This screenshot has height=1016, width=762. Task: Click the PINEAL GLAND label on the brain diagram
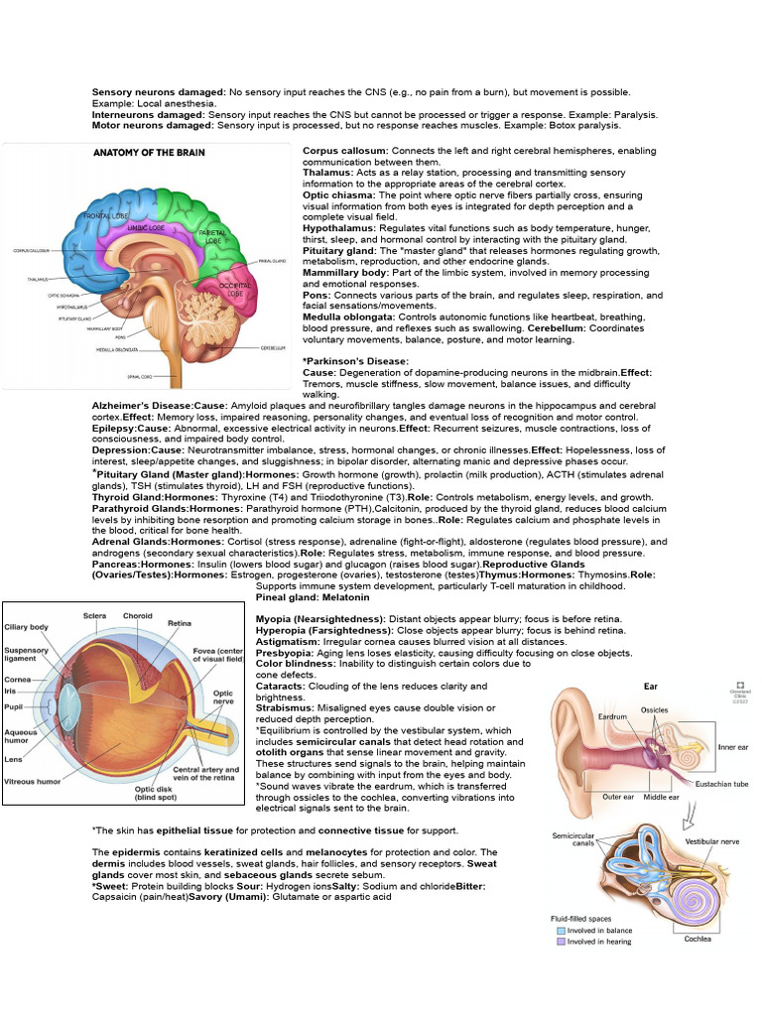click(x=272, y=262)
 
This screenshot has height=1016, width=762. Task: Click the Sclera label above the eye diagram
click(x=95, y=615)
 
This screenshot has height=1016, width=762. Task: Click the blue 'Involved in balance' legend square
click(x=561, y=932)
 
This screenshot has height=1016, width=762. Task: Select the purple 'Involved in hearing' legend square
click(x=561, y=946)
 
